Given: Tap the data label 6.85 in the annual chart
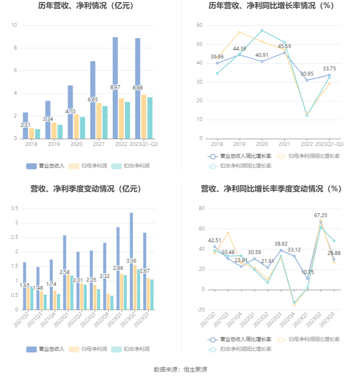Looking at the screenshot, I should [93, 99].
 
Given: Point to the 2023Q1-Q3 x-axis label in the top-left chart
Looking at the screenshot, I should [144, 144].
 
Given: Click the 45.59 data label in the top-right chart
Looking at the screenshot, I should [285, 46].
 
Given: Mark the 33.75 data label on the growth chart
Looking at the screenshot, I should [330, 68].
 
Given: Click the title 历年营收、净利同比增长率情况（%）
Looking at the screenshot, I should [271, 6].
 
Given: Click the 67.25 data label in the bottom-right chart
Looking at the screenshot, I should [321, 216].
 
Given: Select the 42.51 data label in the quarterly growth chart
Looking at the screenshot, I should [214, 241].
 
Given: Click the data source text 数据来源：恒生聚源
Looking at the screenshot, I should [180, 370].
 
